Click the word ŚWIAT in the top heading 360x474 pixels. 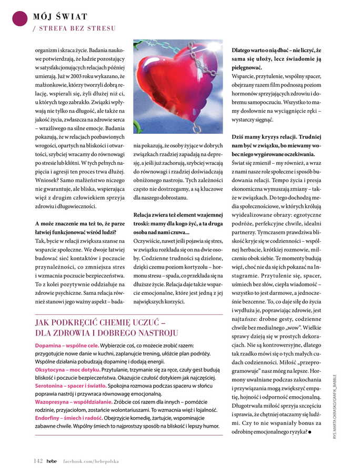coord(70,17)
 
